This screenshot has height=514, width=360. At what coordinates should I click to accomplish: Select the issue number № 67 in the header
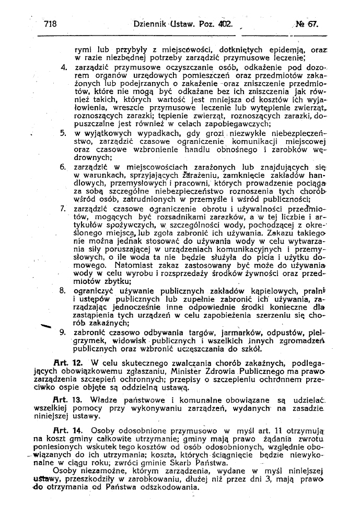(x=307, y=24)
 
